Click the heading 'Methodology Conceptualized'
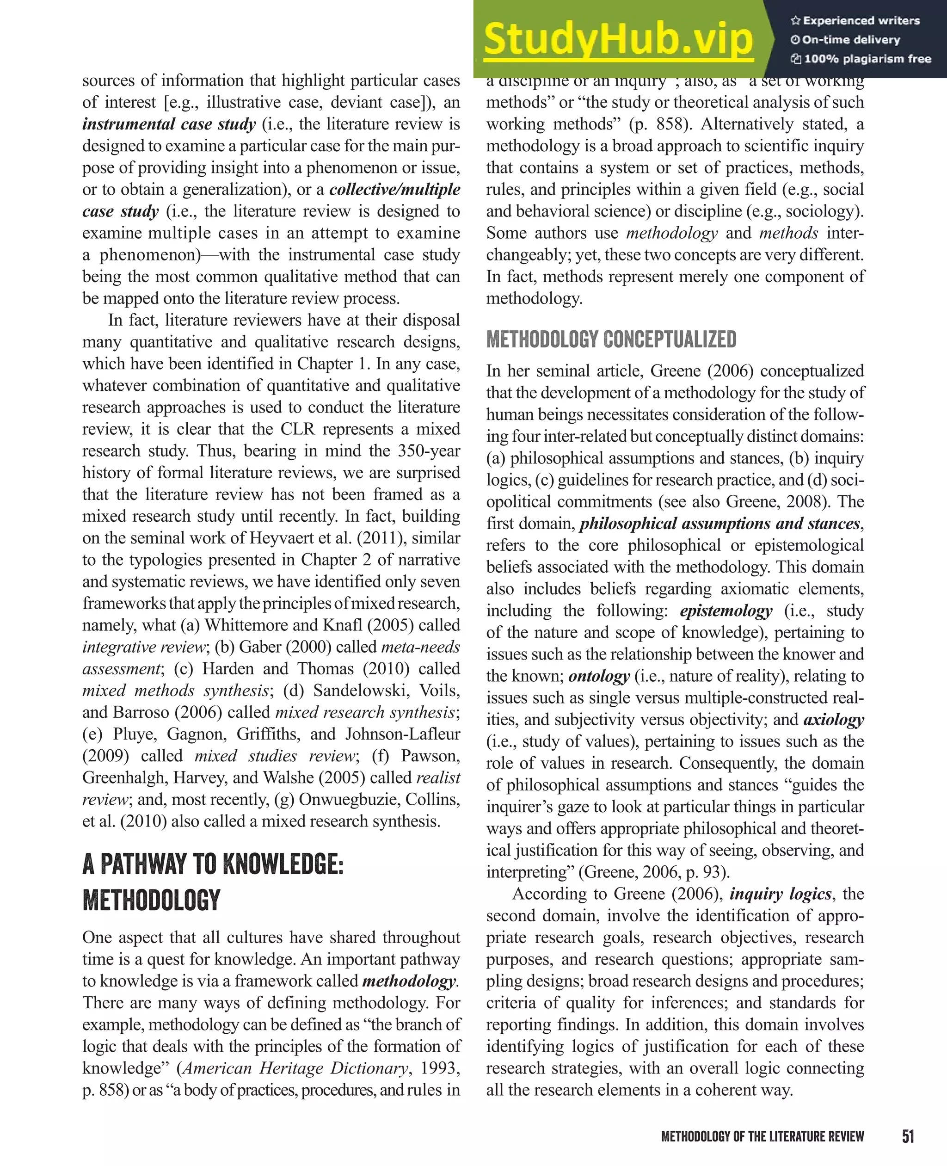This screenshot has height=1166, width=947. (x=611, y=339)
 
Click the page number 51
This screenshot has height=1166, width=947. (x=908, y=1136)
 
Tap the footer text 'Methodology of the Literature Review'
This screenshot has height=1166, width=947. (x=762, y=1136)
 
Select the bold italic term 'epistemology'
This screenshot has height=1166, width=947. (x=726, y=611)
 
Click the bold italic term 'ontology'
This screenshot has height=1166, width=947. (x=599, y=676)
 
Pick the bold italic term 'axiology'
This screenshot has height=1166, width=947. (x=834, y=720)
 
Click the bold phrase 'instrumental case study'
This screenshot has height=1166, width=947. (x=169, y=124)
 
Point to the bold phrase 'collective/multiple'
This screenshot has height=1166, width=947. (x=395, y=190)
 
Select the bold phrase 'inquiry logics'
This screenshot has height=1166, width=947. (x=781, y=894)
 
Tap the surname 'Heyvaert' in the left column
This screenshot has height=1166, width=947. (x=283, y=538)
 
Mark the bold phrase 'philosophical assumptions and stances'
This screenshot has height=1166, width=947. (x=719, y=524)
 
